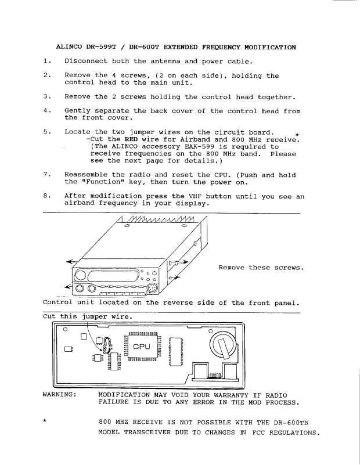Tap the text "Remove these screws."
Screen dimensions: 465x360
coord(261,268)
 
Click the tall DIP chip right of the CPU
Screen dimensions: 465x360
coord(175,352)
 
